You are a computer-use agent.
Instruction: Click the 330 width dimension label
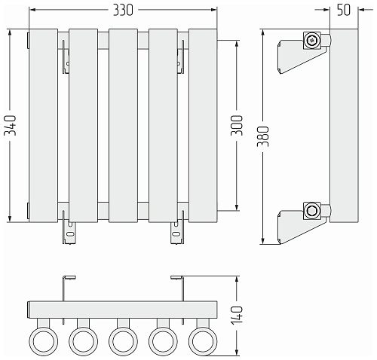click(x=123, y=11)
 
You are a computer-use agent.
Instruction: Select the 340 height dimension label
click(x=11, y=125)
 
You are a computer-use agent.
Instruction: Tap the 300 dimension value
click(x=237, y=125)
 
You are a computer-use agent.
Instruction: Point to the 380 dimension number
click(x=263, y=136)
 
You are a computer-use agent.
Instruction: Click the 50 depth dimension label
click(x=344, y=10)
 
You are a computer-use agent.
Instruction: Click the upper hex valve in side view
click(x=312, y=40)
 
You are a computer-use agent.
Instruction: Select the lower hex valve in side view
click(x=312, y=211)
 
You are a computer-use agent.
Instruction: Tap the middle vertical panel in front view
click(x=123, y=126)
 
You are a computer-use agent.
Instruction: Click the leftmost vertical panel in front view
click(x=44, y=126)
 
